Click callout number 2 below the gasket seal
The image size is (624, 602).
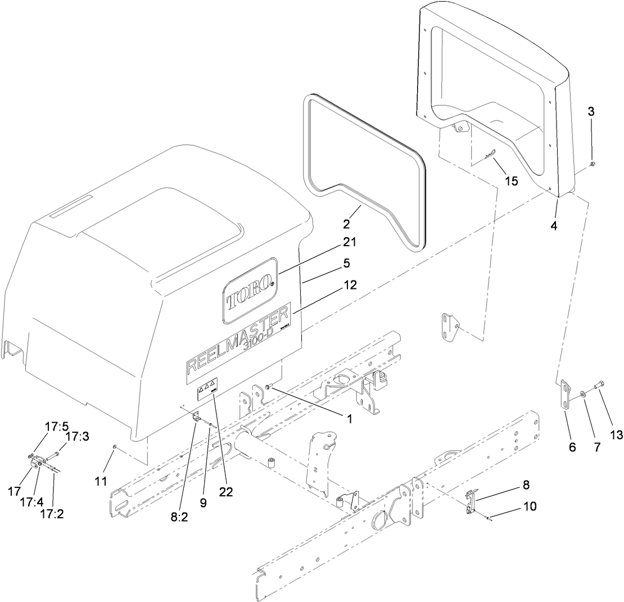(x=346, y=224)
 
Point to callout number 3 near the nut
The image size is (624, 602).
(x=591, y=111)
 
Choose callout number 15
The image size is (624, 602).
(x=511, y=181)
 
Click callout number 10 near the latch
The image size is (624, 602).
(x=530, y=506)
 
